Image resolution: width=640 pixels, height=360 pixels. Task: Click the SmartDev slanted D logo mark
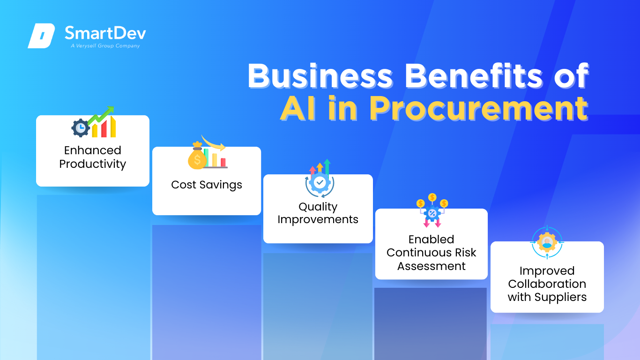coord(41,36)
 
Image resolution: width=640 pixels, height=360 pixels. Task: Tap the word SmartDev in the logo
coord(105,33)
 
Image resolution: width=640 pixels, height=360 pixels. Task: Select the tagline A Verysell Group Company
coord(105,46)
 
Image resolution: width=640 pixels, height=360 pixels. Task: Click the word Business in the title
coord(320,76)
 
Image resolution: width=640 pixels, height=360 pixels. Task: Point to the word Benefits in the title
coord(474,76)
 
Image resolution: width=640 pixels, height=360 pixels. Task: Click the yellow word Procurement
coord(478,109)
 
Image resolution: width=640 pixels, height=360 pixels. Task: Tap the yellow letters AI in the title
coord(298,108)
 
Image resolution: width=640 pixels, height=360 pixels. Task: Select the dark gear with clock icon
coord(80,128)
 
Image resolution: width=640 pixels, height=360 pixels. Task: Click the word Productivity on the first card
coord(93,164)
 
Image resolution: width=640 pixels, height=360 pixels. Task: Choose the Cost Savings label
coord(207,185)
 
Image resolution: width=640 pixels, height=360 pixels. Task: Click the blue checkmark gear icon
coord(320,182)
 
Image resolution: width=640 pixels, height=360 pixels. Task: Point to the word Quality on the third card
coord(318,207)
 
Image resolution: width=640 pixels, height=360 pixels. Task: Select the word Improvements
coord(318,219)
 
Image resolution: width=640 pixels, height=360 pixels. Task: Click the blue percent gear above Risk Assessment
coord(432,213)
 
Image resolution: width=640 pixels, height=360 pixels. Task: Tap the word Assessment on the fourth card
coord(432,266)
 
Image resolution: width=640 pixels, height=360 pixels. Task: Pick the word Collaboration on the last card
coord(547,284)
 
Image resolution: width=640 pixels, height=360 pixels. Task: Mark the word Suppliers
coord(560,297)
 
